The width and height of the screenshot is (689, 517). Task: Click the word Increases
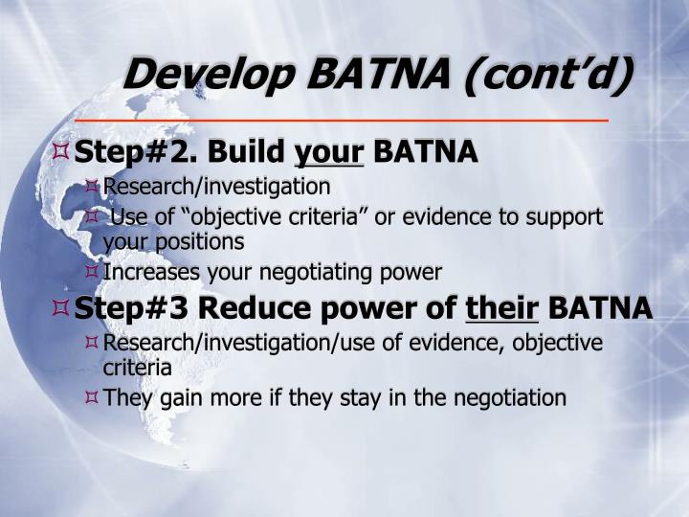[x=147, y=273]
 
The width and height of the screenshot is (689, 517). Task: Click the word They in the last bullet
[x=124, y=397]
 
